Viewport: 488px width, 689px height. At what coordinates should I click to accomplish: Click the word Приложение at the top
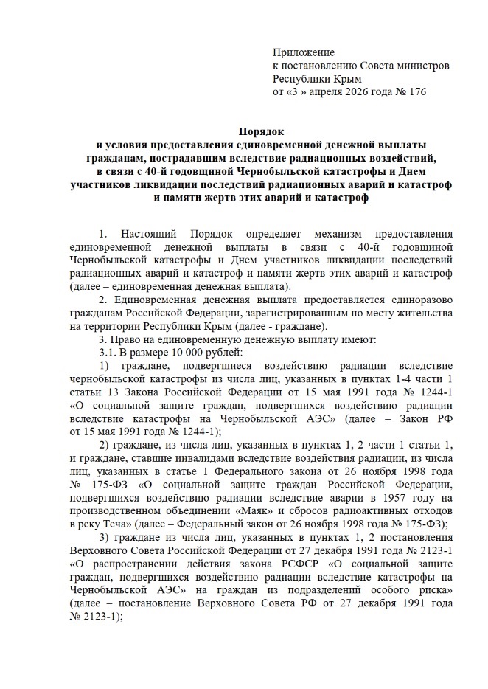[303, 52]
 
